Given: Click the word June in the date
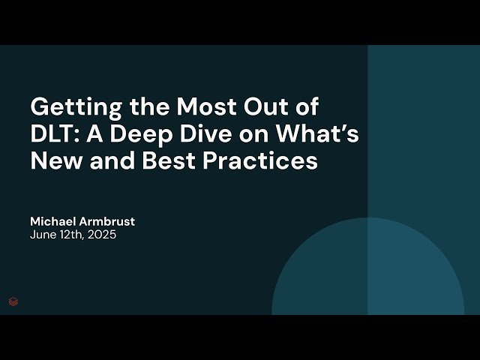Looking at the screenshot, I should pyautogui.click(x=42, y=235).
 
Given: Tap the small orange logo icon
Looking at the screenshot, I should pyautogui.click(x=13, y=302).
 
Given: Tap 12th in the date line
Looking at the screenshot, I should pyautogui.click(x=71, y=235).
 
